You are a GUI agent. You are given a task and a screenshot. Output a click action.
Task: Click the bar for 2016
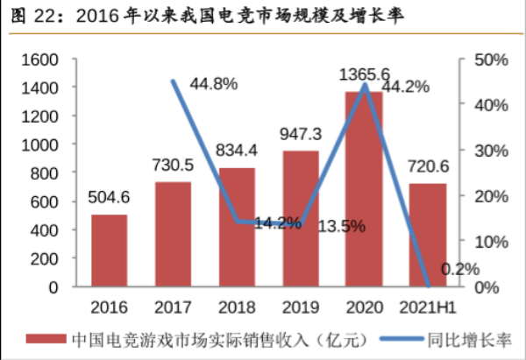110,251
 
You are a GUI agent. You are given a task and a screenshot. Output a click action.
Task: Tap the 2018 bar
237,227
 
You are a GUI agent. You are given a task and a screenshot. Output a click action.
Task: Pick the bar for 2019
301,219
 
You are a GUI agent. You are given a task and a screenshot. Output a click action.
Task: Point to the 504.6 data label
110,196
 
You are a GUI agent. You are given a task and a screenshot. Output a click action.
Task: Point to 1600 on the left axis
39,60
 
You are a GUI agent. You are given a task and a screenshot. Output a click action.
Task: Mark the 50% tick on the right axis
484,60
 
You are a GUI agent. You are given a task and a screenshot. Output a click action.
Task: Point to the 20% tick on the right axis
484,196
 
